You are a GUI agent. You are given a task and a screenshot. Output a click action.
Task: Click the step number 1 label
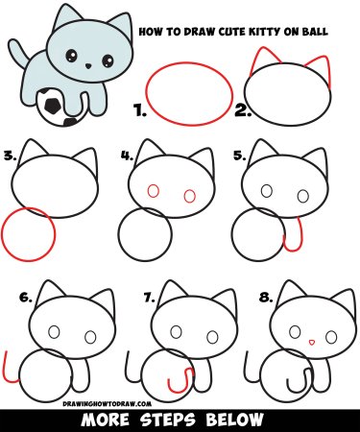[x=140, y=112]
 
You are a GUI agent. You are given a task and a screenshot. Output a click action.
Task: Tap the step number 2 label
[x=241, y=111]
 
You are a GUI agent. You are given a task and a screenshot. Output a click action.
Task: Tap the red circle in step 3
[x=27, y=235]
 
